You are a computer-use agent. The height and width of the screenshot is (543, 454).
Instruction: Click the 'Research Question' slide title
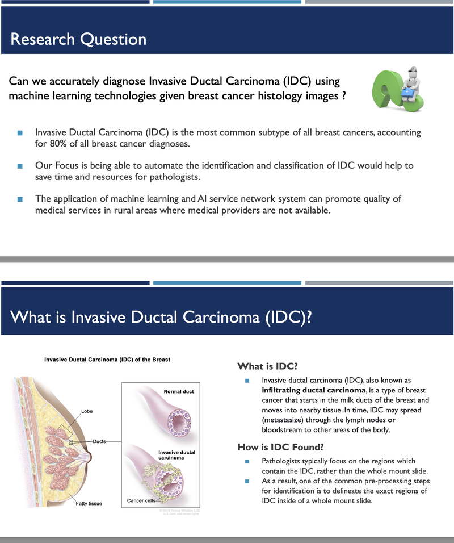(x=78, y=39)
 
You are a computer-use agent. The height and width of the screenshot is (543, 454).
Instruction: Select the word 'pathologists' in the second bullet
(x=172, y=177)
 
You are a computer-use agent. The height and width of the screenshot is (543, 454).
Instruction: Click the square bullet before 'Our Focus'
(x=20, y=166)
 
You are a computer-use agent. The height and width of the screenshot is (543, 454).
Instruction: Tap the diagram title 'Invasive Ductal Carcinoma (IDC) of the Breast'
(x=107, y=360)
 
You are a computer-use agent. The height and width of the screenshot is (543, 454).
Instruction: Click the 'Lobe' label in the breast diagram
(x=87, y=411)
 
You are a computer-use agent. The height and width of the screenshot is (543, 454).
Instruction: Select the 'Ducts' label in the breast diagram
(x=99, y=441)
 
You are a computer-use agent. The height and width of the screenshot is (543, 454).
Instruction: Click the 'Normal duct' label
(x=179, y=392)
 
